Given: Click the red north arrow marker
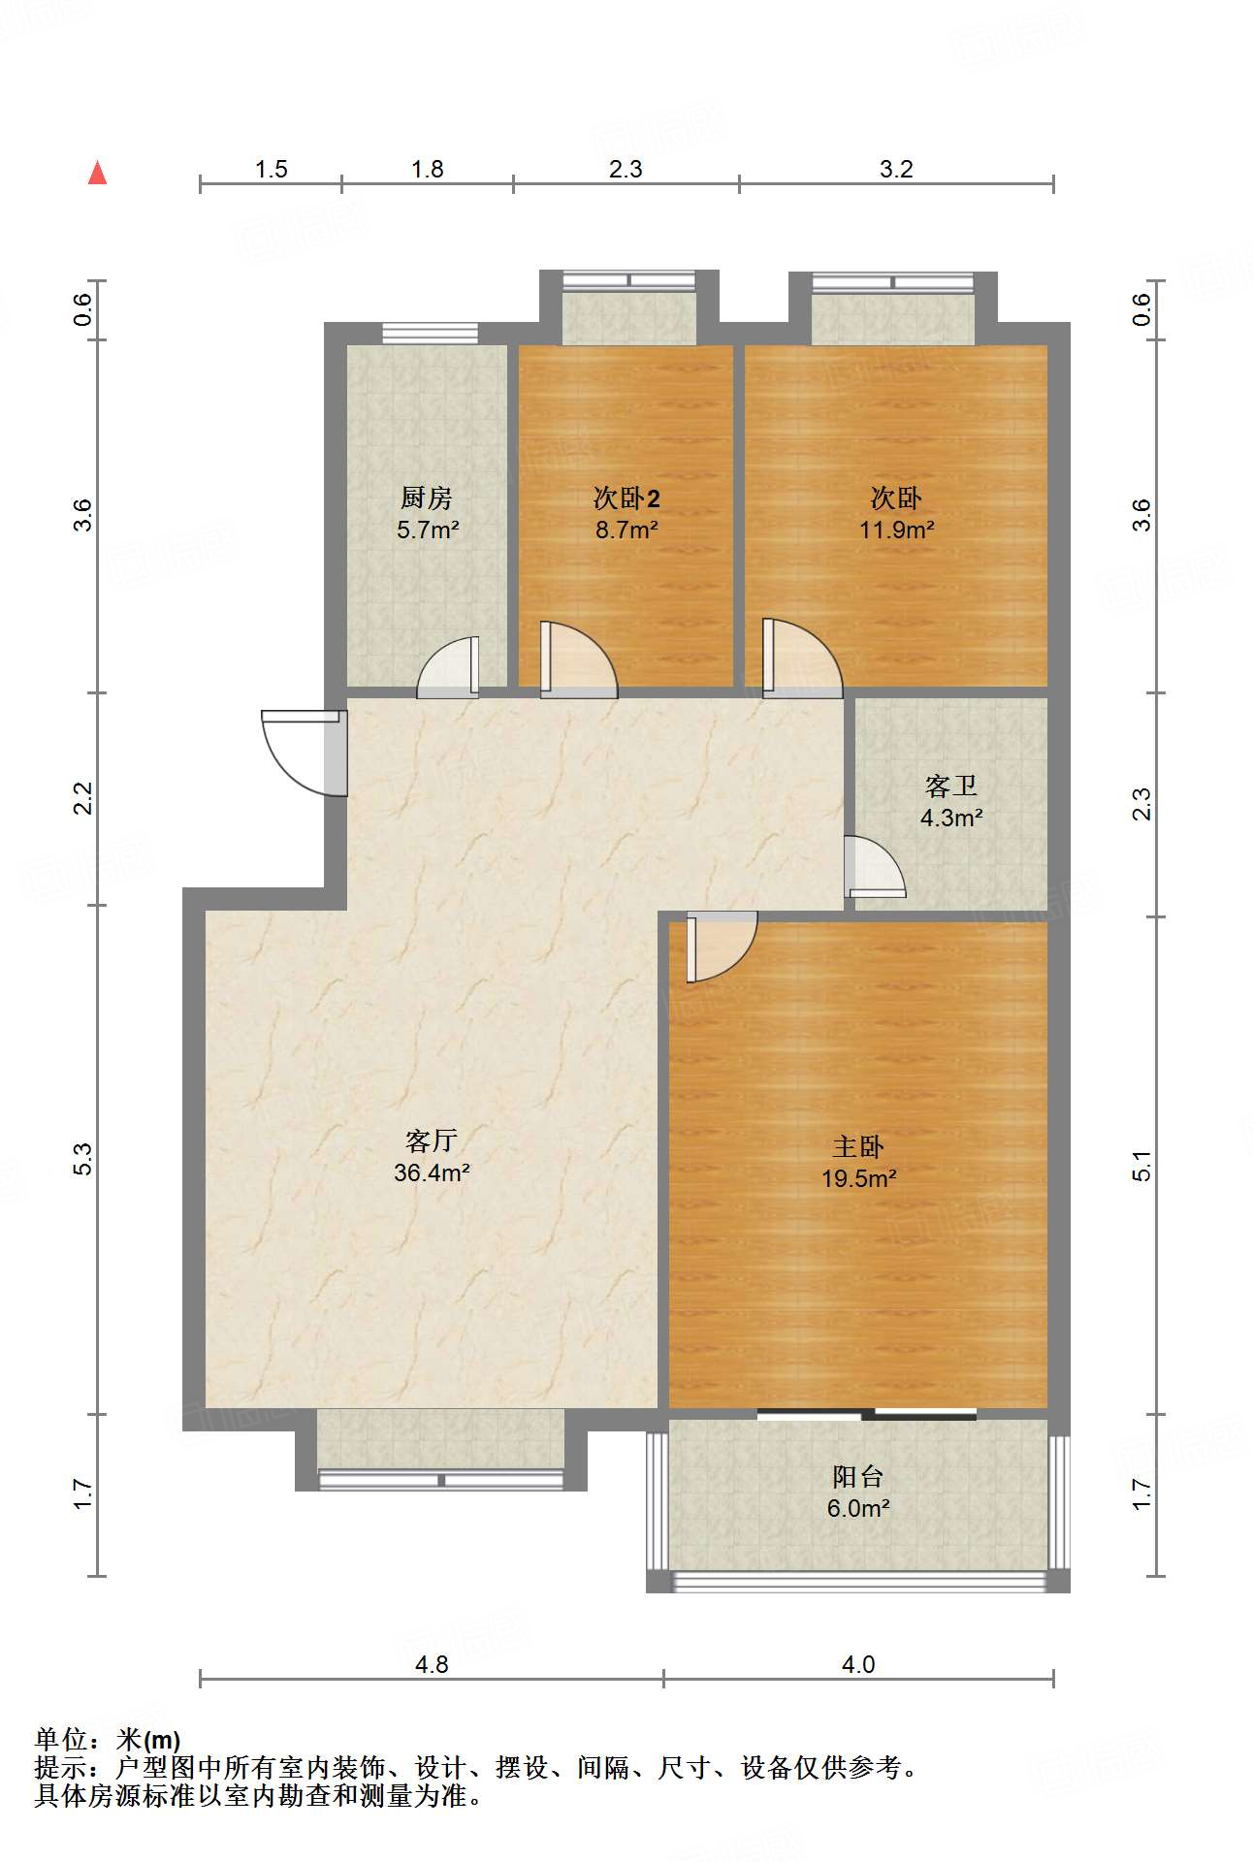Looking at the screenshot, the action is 97,173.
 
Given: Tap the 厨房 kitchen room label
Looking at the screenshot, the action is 427,498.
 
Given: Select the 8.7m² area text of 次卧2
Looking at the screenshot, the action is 626,530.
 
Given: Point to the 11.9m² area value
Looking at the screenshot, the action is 896,530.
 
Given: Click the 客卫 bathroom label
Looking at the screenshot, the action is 950,786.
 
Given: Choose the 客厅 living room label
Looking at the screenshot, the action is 432,1140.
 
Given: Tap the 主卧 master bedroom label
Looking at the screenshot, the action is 858,1147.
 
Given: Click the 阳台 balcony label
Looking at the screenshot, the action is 858,1477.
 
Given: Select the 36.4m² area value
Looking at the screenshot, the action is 432,1172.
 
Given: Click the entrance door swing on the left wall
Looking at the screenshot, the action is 303,753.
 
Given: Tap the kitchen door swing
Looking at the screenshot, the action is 449,667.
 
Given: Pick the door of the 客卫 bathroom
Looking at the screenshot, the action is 875,866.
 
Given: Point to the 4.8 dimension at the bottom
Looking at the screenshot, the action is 432,1664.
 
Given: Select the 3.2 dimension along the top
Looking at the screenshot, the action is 896,169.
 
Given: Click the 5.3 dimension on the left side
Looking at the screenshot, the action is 83,1160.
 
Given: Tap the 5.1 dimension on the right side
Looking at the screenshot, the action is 1142,1165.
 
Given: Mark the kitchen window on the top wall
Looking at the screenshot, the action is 430,333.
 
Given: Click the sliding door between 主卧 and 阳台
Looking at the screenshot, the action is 867,1413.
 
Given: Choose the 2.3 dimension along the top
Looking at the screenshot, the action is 626,169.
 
